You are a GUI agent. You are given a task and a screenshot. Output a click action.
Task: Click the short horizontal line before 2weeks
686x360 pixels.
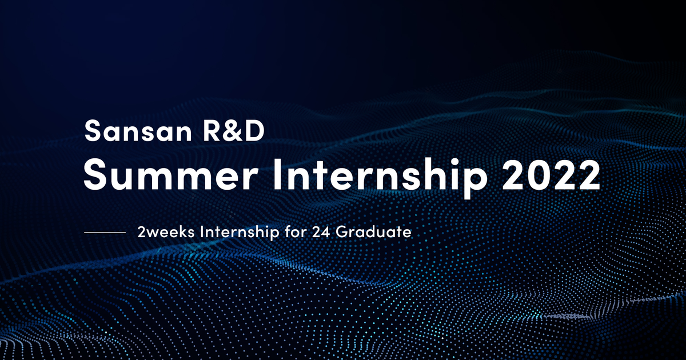[x=105, y=233]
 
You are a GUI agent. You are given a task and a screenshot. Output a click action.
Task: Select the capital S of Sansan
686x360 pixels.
[x=92, y=132]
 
